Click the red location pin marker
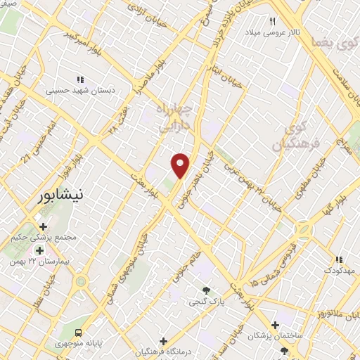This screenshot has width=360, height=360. [x=181, y=165]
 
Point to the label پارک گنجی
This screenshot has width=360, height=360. [x=205, y=302]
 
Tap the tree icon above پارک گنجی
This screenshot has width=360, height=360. [x=206, y=290]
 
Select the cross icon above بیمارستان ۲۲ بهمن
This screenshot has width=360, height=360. [x=39, y=250]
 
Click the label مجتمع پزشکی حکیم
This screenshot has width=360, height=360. [x=44, y=238]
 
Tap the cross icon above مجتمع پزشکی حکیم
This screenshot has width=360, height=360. [x=44, y=226]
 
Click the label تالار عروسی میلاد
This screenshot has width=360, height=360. [x=272, y=32]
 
